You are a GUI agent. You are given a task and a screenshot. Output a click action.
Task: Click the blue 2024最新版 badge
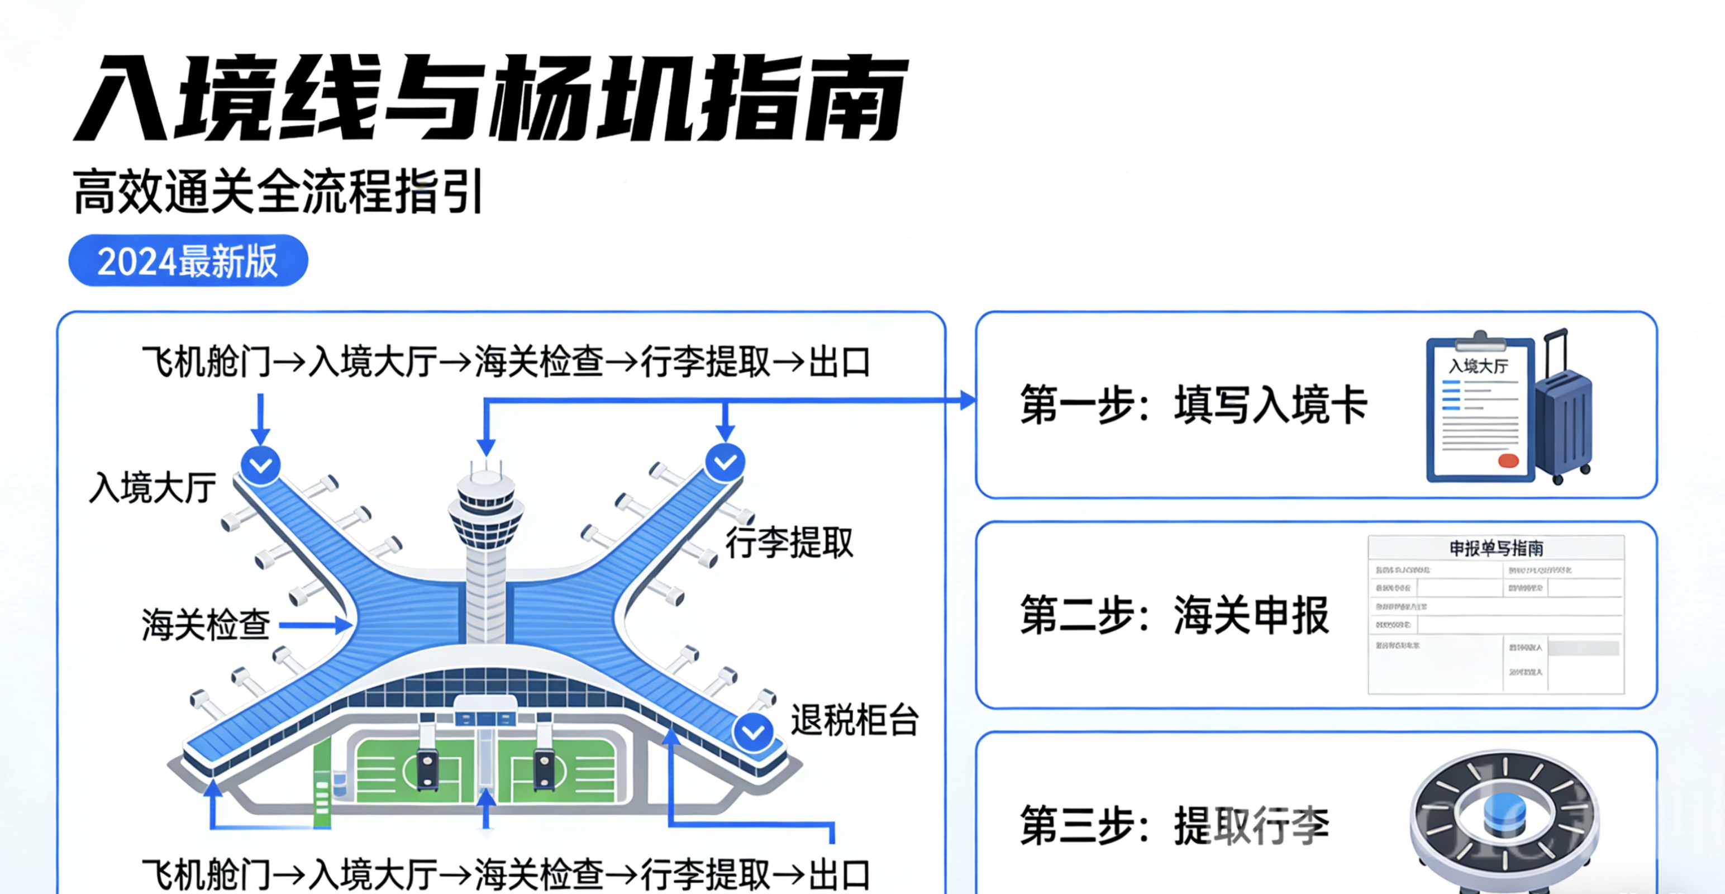click(x=188, y=260)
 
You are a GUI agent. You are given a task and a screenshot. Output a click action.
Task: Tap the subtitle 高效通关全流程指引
click(x=277, y=192)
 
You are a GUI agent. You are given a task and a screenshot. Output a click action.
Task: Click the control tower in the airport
click(x=485, y=536)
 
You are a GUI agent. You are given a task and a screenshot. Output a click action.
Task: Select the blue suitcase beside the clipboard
click(x=1564, y=415)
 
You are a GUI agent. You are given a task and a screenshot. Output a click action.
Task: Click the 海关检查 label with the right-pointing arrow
click(x=206, y=625)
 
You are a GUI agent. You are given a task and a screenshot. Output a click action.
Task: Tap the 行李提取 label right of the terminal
click(x=789, y=543)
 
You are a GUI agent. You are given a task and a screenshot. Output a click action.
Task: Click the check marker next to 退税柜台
click(x=754, y=732)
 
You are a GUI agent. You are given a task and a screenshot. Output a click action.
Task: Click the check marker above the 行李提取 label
click(x=725, y=462)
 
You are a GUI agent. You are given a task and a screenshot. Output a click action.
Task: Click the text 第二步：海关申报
click(x=1174, y=615)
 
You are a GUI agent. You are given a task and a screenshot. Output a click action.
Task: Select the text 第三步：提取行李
click(x=1174, y=826)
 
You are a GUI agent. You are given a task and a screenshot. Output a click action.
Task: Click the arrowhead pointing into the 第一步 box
click(x=967, y=401)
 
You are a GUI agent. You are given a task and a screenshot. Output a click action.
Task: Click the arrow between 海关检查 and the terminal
click(x=314, y=625)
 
